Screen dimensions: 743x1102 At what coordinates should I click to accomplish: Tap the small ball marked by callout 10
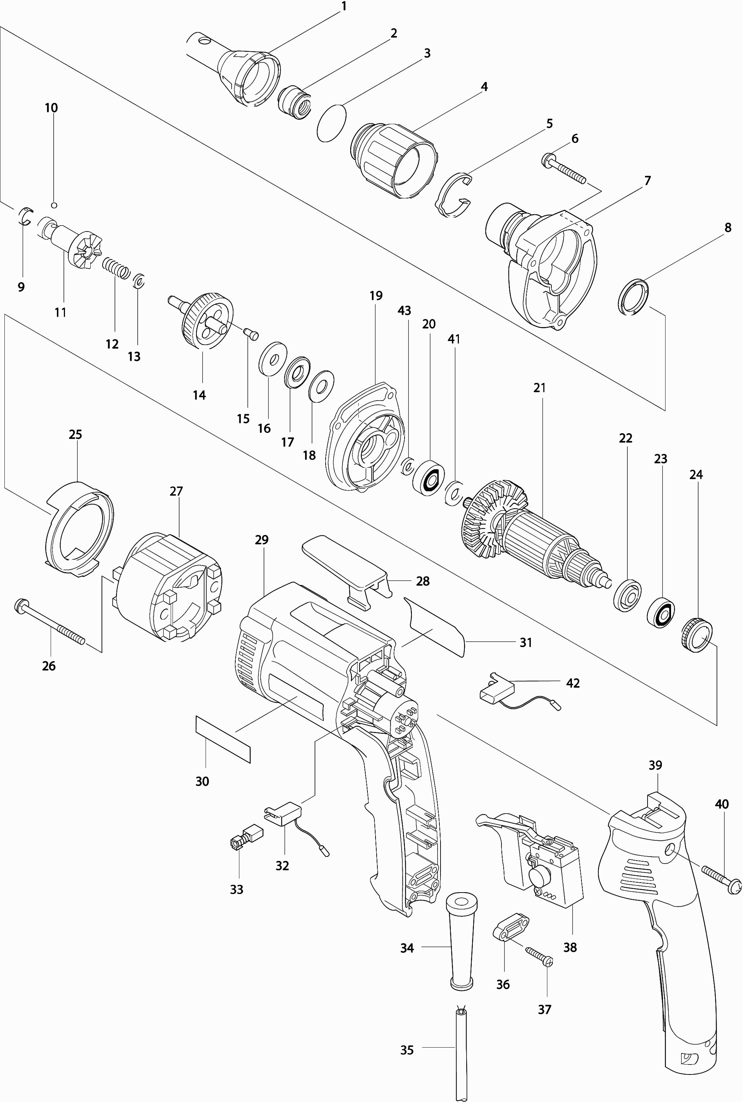tap(54, 205)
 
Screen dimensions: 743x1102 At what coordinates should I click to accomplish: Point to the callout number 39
tap(655, 765)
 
